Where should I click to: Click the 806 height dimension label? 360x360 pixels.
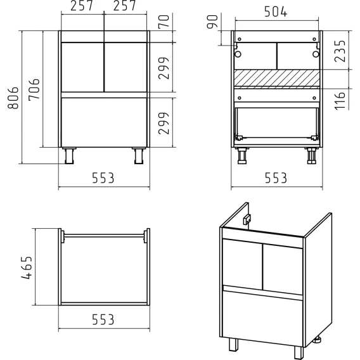pyautogui.click(x=13, y=98)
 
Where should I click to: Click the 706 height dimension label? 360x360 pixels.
pyautogui.click(x=34, y=89)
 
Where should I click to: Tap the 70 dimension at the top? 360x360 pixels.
pyautogui.click(x=164, y=22)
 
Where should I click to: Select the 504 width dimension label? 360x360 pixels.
pyautogui.click(x=276, y=11)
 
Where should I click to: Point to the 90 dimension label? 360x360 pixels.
pyautogui.click(x=212, y=22)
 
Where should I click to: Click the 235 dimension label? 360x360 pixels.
pyautogui.click(x=340, y=51)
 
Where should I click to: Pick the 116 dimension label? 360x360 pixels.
pyautogui.click(x=340, y=101)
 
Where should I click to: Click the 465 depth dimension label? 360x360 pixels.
pyautogui.click(x=27, y=267)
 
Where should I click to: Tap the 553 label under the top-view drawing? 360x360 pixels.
pyautogui.click(x=103, y=319)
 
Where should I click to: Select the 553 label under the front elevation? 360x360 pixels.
pyautogui.click(x=103, y=178)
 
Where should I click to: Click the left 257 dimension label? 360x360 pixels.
pyautogui.click(x=82, y=6)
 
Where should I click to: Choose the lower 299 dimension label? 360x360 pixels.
pyautogui.click(x=164, y=124)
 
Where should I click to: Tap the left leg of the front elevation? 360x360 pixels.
pyautogui.click(x=69, y=156)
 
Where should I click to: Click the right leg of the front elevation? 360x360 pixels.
pyautogui.click(x=139, y=156)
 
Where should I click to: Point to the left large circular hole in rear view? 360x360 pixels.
pyautogui.click(x=238, y=54)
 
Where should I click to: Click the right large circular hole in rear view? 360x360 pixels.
pyautogui.click(x=316, y=54)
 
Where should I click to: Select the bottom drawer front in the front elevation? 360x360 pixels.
pyautogui.click(x=104, y=122)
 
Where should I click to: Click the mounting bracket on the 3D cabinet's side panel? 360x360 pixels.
pyautogui.click(x=247, y=219)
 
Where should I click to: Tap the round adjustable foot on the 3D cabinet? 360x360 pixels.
pyautogui.click(x=318, y=341)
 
